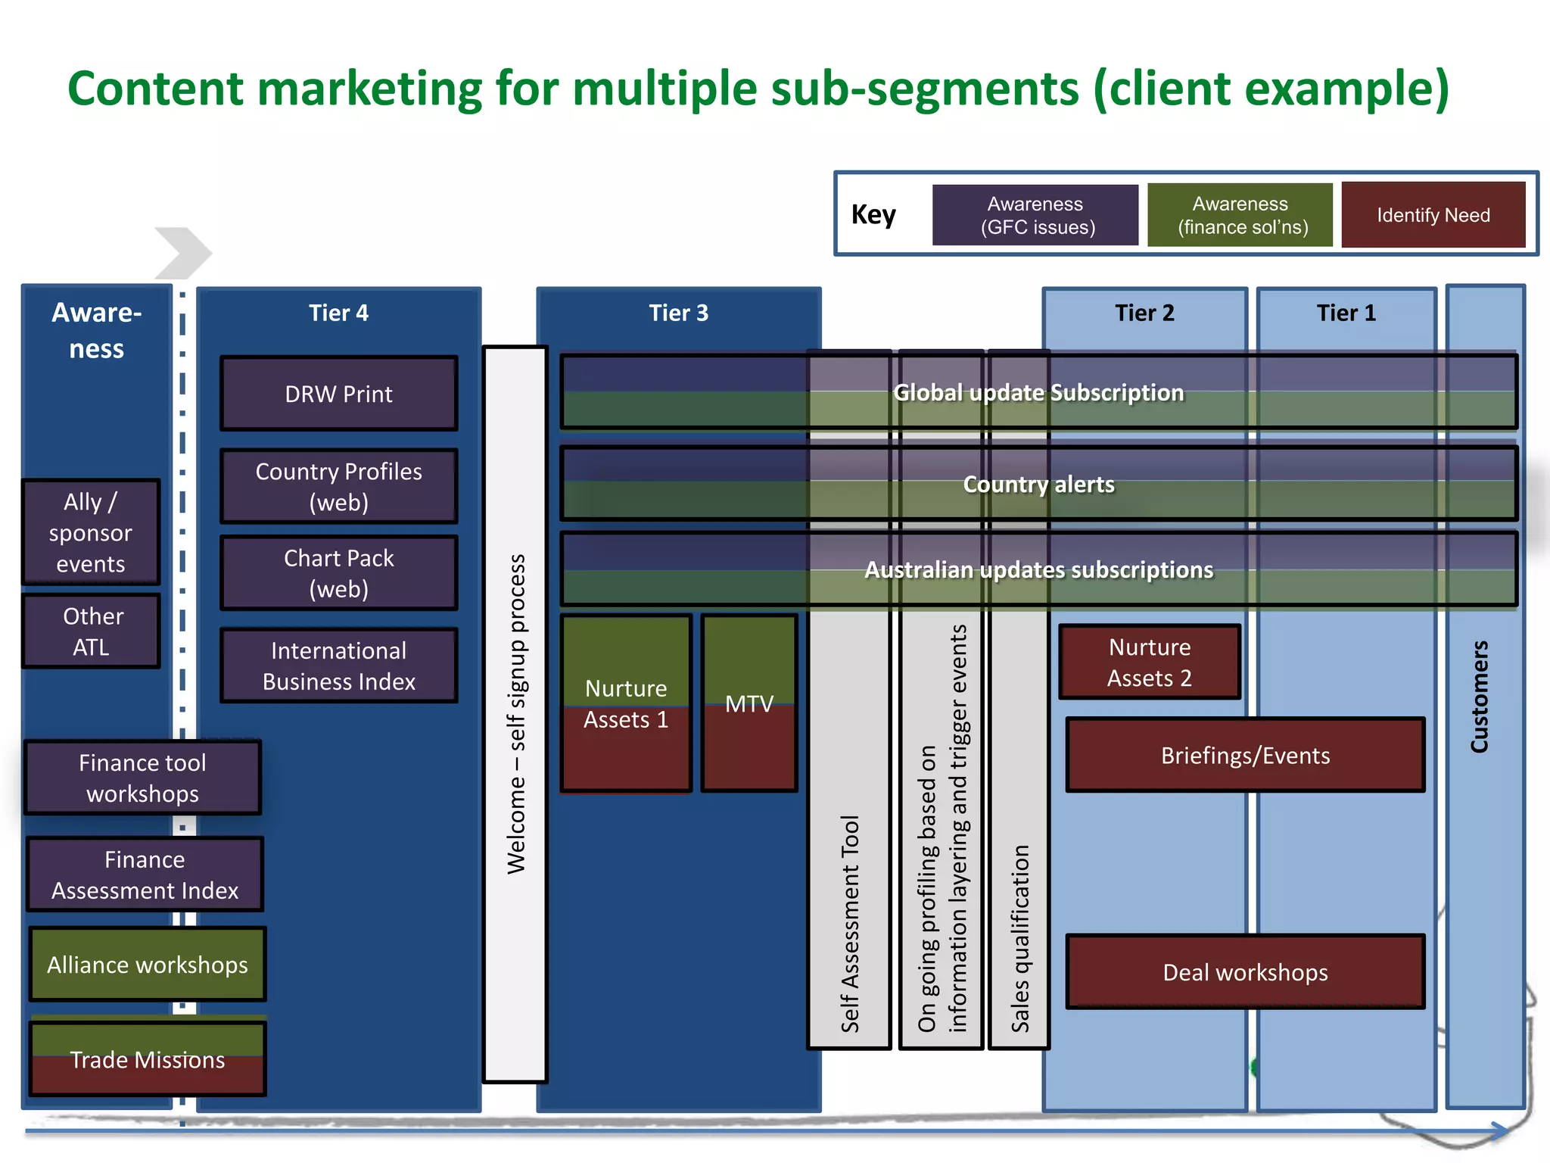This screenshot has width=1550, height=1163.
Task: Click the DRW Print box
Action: pos(338,394)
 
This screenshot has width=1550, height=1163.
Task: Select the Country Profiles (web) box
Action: pos(338,487)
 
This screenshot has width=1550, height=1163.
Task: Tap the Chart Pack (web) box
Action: pos(338,573)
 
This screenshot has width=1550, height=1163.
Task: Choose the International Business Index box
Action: pos(338,666)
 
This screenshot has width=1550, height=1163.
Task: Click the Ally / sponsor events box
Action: pos(91,532)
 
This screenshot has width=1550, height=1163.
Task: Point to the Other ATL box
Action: pos(91,631)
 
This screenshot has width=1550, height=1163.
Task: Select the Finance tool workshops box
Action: pos(142,778)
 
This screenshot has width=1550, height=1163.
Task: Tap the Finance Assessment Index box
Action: pos(145,875)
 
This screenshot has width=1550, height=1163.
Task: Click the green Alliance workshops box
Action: pos(148,965)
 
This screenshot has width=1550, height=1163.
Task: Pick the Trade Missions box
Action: pos(148,1059)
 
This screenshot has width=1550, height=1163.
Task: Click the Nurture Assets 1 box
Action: pos(626,704)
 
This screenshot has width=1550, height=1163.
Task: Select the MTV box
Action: pos(749,704)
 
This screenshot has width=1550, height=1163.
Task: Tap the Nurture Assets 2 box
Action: pos(1149,662)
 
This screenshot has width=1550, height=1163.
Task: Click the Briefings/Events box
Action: pos(1245,755)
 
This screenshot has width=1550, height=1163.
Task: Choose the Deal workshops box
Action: pos(1245,972)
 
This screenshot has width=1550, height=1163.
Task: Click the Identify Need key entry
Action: pos(1433,215)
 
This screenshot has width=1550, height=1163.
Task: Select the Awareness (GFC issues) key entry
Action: pos(1035,215)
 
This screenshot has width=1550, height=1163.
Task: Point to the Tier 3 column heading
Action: pos(678,313)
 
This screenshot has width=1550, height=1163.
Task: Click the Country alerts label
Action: pos(1038,484)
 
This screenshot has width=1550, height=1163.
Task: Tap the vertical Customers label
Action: pos(1480,697)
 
